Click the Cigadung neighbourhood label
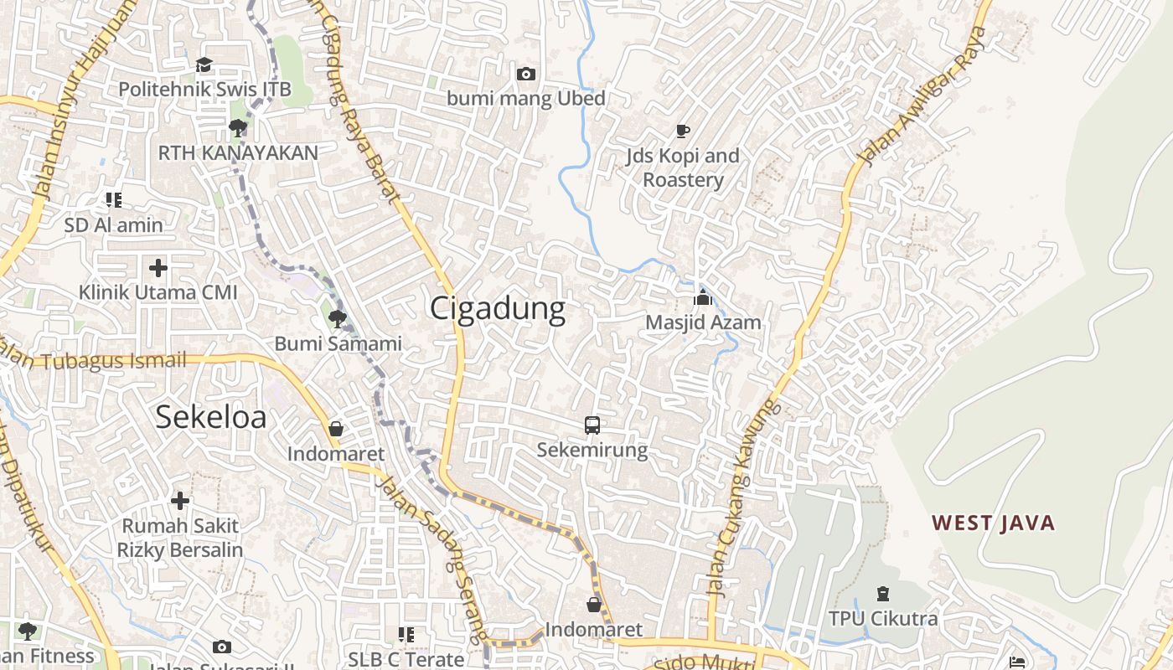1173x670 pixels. point(498,309)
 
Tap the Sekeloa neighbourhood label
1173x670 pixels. point(211,416)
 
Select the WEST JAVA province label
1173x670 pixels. point(993,523)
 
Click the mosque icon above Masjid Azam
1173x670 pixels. point(702,297)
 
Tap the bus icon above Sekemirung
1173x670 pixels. point(592,425)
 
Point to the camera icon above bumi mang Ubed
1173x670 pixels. point(526,75)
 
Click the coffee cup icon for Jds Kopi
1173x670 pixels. point(683,131)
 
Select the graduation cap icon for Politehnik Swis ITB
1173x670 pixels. point(204,64)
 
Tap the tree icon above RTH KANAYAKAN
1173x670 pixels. point(238,128)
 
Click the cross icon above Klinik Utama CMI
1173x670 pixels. point(158,268)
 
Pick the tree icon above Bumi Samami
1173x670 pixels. point(338,318)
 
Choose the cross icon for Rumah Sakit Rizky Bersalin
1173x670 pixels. point(180,501)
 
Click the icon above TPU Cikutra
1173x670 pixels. point(882,595)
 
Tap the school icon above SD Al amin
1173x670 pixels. point(114,199)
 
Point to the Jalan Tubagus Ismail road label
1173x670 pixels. point(92,360)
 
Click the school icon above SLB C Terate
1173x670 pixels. point(406,635)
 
